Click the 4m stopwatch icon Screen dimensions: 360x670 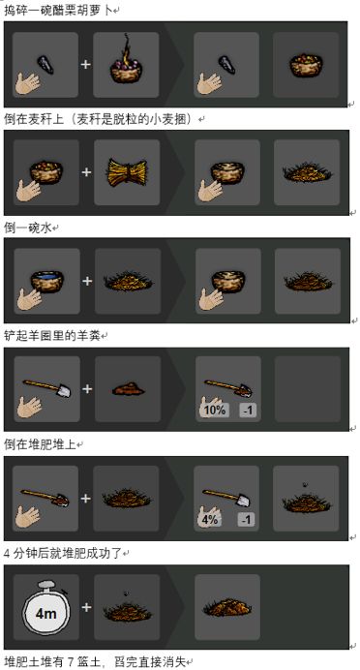pyautogui.click(x=45, y=608)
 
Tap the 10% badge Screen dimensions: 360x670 pyautogui.click(x=214, y=411)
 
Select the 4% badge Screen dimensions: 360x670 pyautogui.click(x=209, y=520)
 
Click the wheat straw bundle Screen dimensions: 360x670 pyautogui.click(x=127, y=172)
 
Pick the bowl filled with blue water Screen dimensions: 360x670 pyautogui.click(x=47, y=281)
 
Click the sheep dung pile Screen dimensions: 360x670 pyautogui.click(x=128, y=389)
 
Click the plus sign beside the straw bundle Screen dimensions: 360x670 pyautogui.click(x=87, y=172)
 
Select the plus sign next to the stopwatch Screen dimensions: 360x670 pyautogui.click(x=86, y=608)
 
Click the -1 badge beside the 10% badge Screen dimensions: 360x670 pyautogui.click(x=248, y=411)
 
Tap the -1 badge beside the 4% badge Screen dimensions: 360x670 pyautogui.click(x=246, y=520)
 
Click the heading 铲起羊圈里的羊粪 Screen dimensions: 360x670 pyautogui.click(x=52, y=336)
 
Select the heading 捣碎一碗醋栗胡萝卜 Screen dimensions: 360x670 pyautogui.click(x=58, y=11)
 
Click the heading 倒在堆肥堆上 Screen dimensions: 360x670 pyautogui.click(x=40, y=444)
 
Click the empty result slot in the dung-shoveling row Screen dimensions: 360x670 pyautogui.click(x=308, y=389)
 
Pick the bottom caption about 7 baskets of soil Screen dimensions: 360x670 pyautogui.click(x=95, y=662)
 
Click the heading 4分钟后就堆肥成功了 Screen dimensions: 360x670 pyautogui.click(x=63, y=554)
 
